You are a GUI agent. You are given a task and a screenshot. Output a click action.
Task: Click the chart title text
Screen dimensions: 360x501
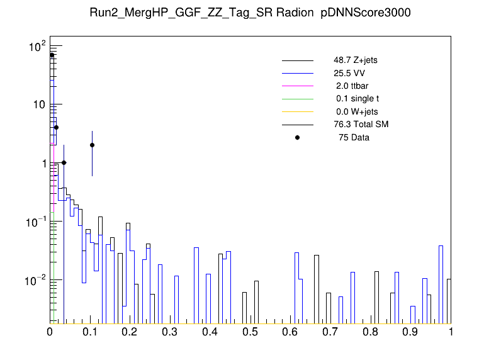(x=250, y=13)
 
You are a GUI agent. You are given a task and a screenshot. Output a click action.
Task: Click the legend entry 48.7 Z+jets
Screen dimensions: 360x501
(x=356, y=60)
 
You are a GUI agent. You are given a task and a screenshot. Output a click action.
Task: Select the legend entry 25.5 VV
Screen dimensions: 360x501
(x=351, y=73)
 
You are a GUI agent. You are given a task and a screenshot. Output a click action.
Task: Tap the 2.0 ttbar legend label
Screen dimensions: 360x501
(x=352, y=86)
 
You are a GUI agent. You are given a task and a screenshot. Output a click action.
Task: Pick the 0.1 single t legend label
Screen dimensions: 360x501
(x=357, y=99)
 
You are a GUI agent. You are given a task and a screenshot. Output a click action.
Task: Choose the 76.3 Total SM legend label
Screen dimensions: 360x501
(x=361, y=124)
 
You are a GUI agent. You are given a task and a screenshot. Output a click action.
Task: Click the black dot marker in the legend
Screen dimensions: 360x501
(x=298, y=137)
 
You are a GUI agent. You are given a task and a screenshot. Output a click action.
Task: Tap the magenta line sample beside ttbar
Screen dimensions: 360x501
(x=298, y=86)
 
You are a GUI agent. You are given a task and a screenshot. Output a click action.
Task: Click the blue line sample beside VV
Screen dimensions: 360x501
(x=298, y=73)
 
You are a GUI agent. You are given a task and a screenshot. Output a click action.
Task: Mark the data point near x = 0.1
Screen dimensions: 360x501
(x=92, y=145)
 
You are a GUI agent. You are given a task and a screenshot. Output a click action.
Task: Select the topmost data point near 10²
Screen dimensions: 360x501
(x=52, y=55)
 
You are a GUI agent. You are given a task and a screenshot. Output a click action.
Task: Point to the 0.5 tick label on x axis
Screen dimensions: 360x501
(x=250, y=331)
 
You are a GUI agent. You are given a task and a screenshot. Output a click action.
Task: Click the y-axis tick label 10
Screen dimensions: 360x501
(x=37, y=104)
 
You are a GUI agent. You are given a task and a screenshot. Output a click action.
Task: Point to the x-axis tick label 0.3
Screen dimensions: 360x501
(x=171, y=331)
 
